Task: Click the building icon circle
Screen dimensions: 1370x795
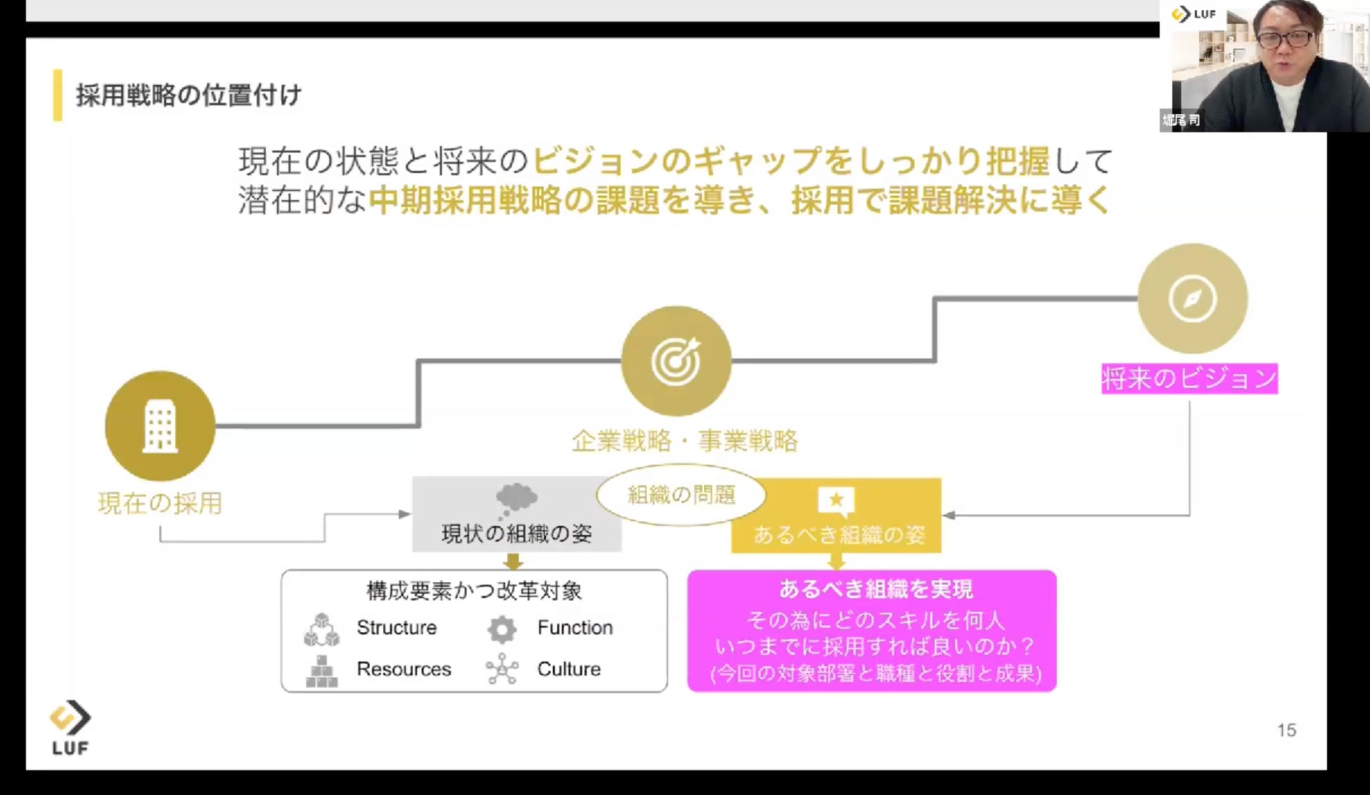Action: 160,426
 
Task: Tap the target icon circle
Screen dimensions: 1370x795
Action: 676,361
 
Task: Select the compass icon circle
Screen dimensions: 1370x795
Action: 1192,299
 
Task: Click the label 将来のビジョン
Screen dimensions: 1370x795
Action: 1189,379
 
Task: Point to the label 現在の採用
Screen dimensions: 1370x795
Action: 160,503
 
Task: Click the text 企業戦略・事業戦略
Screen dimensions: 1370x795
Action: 685,441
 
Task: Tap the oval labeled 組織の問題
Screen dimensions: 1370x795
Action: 681,495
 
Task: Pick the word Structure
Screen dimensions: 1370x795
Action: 396,627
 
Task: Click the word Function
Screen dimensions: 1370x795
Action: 575,627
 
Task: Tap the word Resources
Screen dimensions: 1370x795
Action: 403,668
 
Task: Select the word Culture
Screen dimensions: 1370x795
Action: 568,668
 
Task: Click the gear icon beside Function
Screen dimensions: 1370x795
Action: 502,629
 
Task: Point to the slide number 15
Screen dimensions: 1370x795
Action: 1286,730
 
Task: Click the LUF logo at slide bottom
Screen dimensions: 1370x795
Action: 70,728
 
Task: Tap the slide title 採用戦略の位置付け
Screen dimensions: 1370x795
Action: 188,95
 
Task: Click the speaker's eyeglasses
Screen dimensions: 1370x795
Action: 1285,39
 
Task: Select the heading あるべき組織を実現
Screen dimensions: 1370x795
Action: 875,589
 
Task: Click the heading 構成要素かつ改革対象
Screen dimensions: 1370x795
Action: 474,590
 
